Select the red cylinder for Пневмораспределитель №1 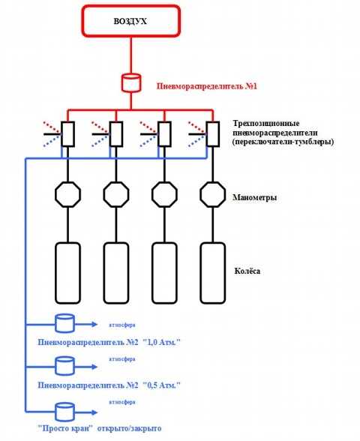[x=131, y=82]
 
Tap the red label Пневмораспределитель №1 [x=207, y=86]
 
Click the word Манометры [x=255, y=197]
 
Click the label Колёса [x=247, y=271]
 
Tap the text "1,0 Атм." [x=161, y=343]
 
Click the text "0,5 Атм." [x=161, y=385]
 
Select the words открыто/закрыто [x=129, y=429]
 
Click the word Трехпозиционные [x=266, y=124]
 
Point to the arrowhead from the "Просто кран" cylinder [x=94, y=412]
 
